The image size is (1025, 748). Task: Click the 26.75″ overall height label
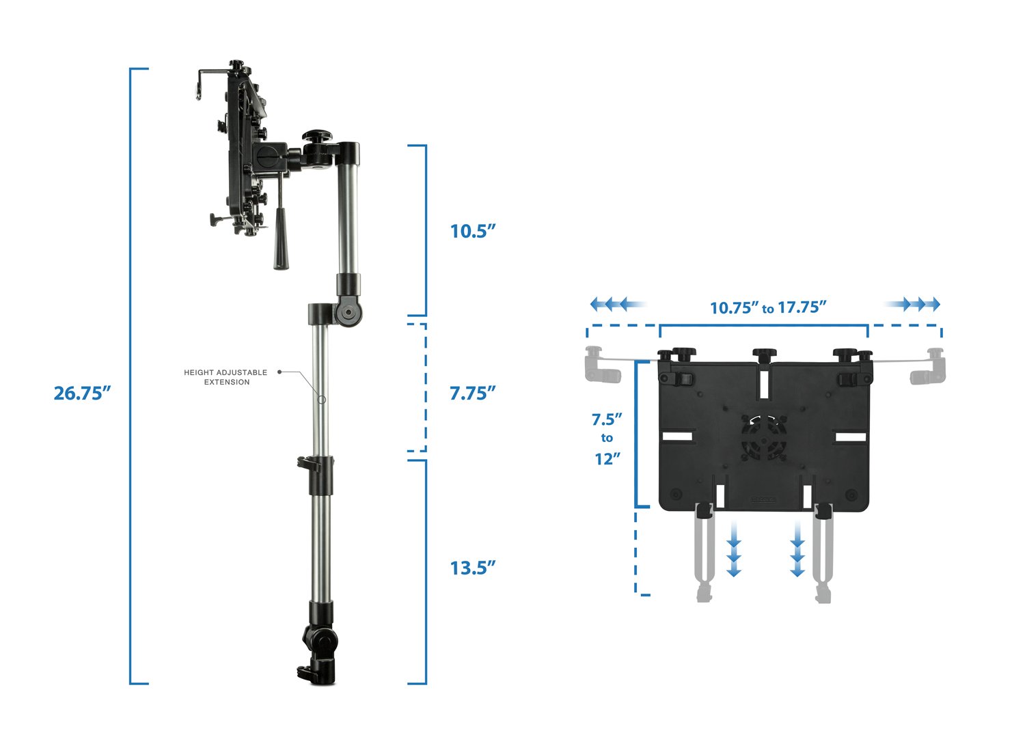[82, 393]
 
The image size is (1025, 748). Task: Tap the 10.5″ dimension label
[471, 231]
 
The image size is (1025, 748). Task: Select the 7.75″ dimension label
[471, 393]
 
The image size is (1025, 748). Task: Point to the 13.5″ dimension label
[471, 568]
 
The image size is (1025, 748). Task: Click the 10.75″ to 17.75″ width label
[768, 307]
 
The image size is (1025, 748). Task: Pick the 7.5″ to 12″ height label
[607, 439]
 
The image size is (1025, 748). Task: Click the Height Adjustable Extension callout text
[225, 377]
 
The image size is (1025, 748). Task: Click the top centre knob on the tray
[764, 355]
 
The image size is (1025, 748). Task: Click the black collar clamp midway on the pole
[318, 475]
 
